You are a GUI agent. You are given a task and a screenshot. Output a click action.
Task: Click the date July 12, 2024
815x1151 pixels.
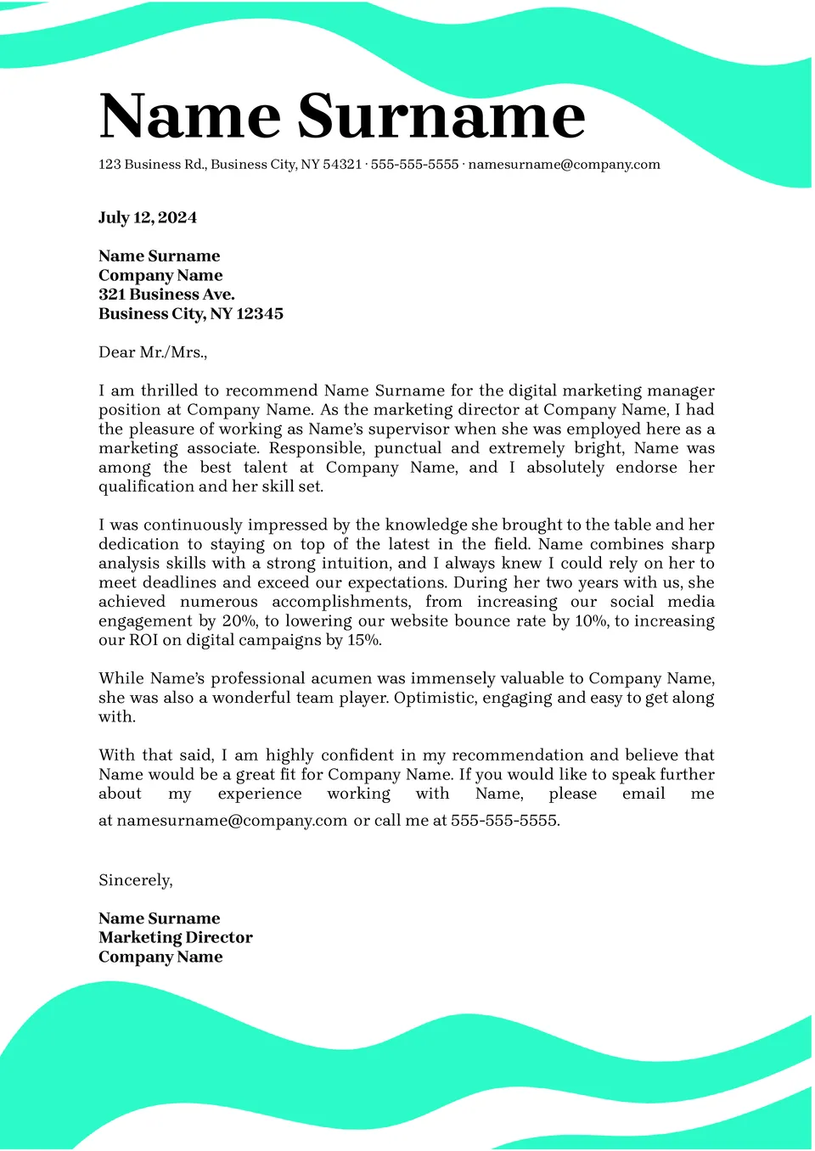(x=148, y=217)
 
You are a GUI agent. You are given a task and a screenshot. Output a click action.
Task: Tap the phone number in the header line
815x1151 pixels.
(x=414, y=165)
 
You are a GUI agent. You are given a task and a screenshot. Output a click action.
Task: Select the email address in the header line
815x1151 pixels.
(x=564, y=165)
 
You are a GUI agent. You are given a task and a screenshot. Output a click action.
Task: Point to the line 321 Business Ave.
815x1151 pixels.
(x=166, y=295)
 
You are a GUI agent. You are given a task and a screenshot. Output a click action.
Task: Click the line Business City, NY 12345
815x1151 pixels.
(x=191, y=314)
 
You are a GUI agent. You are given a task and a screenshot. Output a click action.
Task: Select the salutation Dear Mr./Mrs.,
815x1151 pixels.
(x=153, y=352)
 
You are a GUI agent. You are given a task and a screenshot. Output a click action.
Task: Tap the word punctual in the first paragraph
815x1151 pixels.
(x=407, y=448)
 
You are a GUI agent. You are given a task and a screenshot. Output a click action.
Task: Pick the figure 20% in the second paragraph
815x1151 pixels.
(x=239, y=621)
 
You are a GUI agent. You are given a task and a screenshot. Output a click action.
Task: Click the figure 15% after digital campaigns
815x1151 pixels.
(x=363, y=640)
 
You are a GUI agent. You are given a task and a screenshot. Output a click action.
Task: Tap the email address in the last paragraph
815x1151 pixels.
(x=232, y=821)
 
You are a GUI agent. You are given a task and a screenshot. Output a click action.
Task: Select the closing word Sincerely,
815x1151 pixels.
(x=136, y=880)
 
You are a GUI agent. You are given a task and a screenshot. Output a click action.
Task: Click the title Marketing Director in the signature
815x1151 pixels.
(x=176, y=938)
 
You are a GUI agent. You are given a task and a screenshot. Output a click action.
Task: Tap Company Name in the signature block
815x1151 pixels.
(x=160, y=957)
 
